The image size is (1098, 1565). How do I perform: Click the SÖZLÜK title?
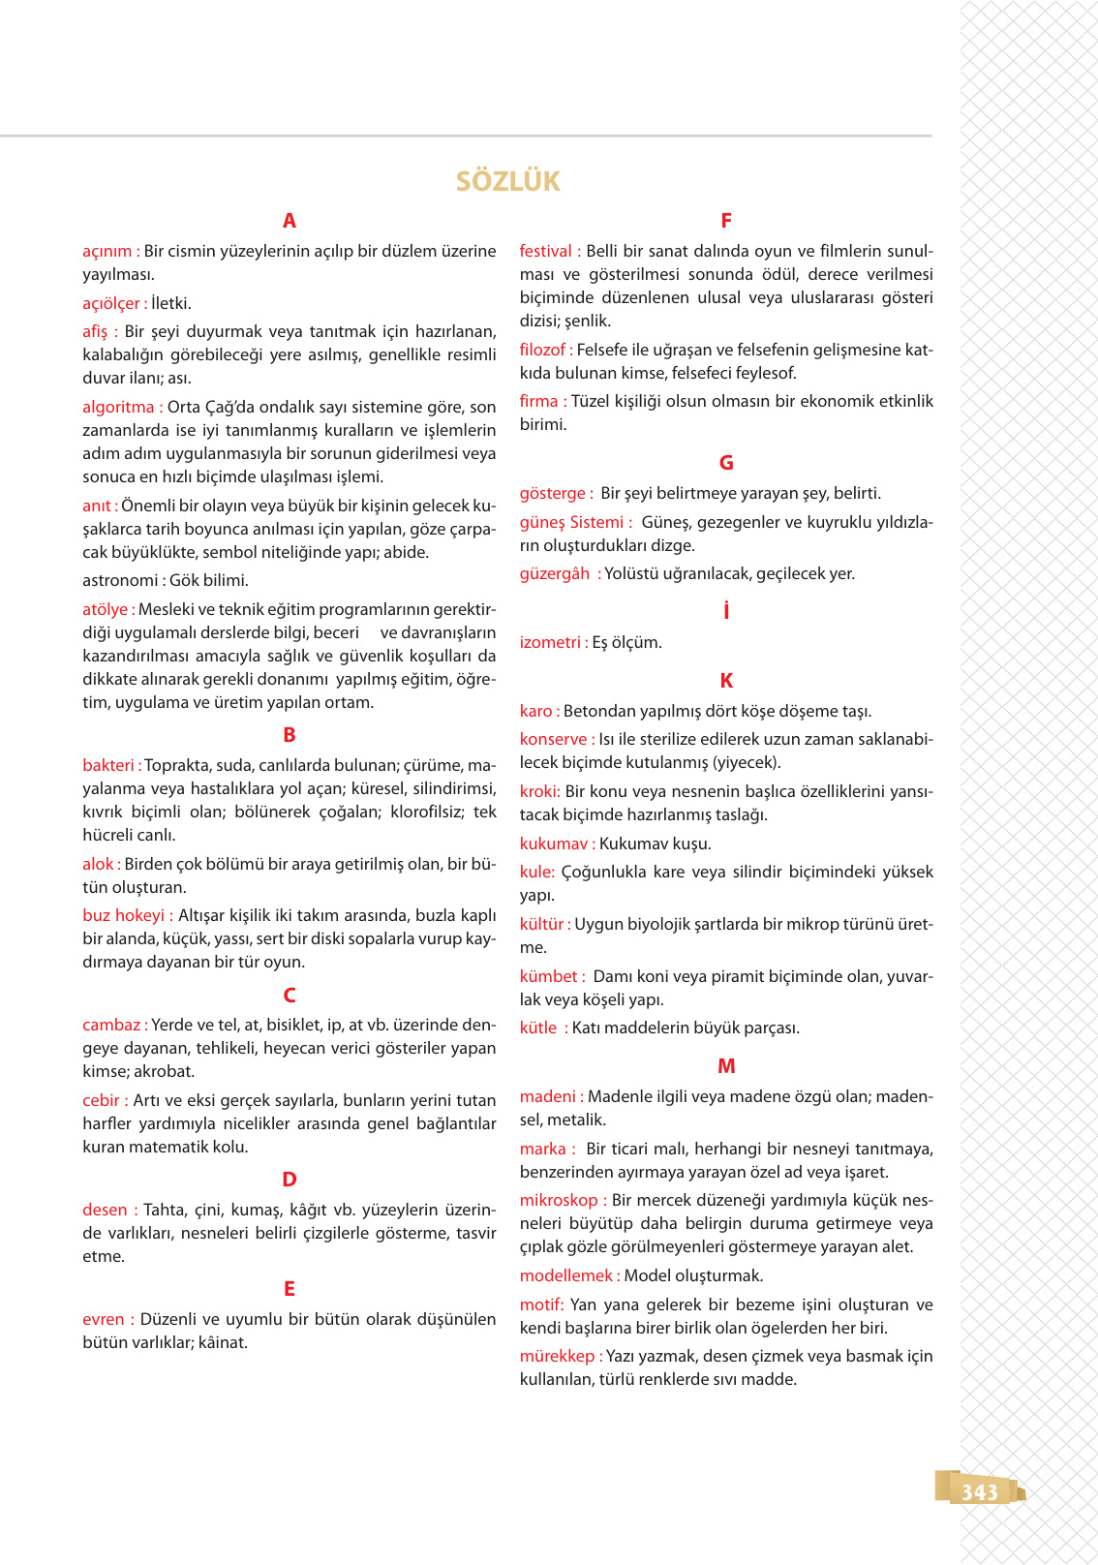coord(508,181)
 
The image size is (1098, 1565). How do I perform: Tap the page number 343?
coord(979,1492)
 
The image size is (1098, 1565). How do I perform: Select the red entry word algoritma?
coord(118,407)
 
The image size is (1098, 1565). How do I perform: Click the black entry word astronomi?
coord(120,580)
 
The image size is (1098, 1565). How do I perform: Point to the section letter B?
coord(289,735)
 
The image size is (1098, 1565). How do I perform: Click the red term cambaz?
coord(110,1025)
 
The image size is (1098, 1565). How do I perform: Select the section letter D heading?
coord(289,1180)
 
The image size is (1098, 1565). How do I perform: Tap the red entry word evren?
coord(104,1319)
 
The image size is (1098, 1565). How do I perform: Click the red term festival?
coord(545,251)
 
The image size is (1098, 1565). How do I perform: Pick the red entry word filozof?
coord(542,350)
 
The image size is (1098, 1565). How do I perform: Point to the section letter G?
coord(726,463)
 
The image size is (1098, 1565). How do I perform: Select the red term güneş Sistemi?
coord(571,522)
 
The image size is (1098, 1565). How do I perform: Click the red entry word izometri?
coord(549,642)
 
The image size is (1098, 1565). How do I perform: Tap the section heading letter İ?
coord(726,611)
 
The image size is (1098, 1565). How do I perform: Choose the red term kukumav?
coord(553,844)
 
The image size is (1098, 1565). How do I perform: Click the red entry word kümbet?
coord(548,976)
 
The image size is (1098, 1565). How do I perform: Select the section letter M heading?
coord(726,1066)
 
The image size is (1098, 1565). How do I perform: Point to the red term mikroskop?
coord(558,1200)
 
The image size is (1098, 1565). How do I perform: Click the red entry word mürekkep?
coord(557,1356)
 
